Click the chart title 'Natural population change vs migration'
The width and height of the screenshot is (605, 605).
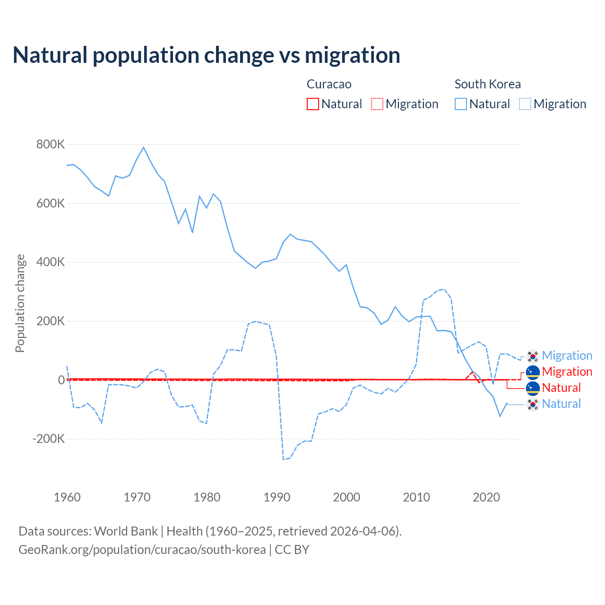[206, 55]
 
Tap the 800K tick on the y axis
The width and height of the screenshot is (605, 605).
[51, 145]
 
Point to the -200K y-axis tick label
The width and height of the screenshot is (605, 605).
[49, 439]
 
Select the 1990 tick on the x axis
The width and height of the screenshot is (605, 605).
[277, 497]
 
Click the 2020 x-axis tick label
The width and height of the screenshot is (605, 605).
[486, 497]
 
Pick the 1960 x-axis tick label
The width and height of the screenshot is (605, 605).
[67, 497]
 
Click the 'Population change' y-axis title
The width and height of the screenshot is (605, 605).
[20, 303]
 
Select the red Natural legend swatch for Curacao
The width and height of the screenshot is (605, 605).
[313, 104]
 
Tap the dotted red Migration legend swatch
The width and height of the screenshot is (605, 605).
[377, 104]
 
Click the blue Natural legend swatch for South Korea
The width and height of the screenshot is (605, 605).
[461, 104]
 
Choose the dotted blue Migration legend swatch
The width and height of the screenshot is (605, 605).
[525, 104]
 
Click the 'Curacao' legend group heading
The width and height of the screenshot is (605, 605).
[329, 84]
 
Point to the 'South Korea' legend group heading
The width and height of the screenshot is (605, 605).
[487, 84]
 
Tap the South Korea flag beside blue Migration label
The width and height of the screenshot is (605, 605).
[533, 356]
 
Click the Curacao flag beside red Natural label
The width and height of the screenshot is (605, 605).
[533, 388]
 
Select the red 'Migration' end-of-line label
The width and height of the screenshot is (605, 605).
[567, 372]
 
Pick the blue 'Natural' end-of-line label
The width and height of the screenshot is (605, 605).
[561, 404]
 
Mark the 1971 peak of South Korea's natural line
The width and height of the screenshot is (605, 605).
[144, 147]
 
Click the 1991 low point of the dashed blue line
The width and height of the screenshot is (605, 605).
[284, 459]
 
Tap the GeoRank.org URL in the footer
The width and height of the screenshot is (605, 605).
[142, 550]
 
